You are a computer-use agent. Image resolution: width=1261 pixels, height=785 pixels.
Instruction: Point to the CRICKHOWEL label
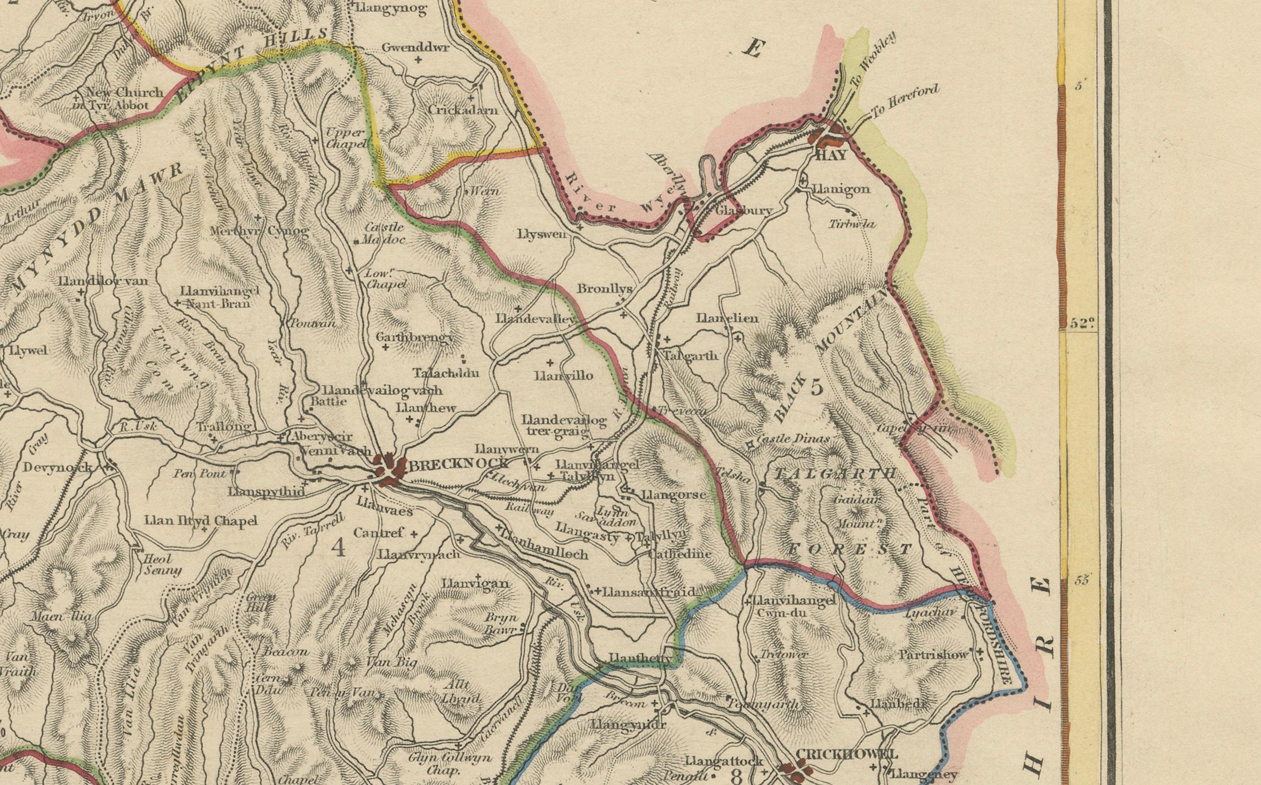click(x=846, y=754)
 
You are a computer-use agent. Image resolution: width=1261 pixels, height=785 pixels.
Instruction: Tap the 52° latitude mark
click(x=1082, y=323)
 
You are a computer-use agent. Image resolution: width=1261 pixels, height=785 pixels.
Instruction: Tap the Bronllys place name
click(x=605, y=289)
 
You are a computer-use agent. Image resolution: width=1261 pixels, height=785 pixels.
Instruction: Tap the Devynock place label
click(x=57, y=467)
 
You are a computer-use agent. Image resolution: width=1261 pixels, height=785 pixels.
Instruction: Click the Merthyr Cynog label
click(x=260, y=231)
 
